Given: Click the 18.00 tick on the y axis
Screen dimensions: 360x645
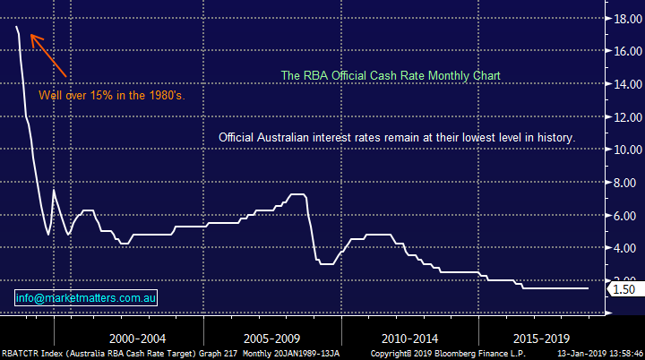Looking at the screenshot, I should coord(620,18).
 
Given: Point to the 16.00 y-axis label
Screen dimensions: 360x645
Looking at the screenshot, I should coord(620,51).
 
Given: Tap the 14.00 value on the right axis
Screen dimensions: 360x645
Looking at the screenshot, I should coord(620,84).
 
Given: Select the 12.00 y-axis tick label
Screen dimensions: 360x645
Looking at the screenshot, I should coord(620,117).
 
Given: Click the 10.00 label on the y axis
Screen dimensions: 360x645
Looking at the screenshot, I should coord(620,150).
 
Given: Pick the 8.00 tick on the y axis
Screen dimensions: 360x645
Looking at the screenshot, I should coord(623,183).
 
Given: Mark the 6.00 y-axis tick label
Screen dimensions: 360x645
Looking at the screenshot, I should coord(623,216).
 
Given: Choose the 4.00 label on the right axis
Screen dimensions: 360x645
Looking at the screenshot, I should coord(623,249).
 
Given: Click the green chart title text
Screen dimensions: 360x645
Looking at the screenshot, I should coord(391,76).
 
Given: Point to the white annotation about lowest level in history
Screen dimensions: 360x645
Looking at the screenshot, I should coord(397,138).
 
